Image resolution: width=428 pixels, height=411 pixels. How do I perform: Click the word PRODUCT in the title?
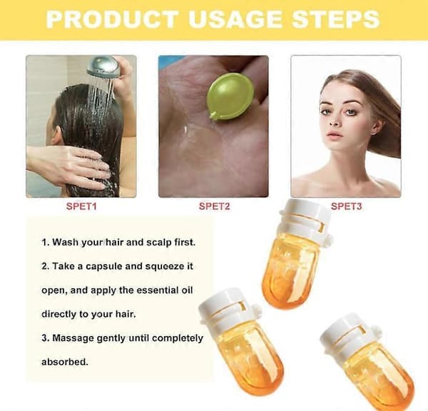coord(113,19)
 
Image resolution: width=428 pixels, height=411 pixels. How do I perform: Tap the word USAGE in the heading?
coord(235,19)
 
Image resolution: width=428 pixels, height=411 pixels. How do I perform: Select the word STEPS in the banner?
coord(335,19)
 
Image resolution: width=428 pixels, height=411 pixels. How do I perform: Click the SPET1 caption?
coord(81,206)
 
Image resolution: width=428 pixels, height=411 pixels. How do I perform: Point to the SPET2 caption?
coord(214,206)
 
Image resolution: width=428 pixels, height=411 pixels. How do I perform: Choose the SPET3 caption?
coord(347,206)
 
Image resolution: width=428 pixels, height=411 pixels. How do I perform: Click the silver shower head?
coord(103,66)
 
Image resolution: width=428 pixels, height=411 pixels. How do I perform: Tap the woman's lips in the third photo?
coord(335,135)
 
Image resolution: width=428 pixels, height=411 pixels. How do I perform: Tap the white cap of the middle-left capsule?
coord(229,308)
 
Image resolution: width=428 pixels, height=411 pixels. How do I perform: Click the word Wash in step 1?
coord(65,242)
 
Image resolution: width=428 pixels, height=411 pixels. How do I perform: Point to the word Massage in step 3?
coord(73,338)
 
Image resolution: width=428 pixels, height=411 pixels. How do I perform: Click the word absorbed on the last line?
coord(65,362)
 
